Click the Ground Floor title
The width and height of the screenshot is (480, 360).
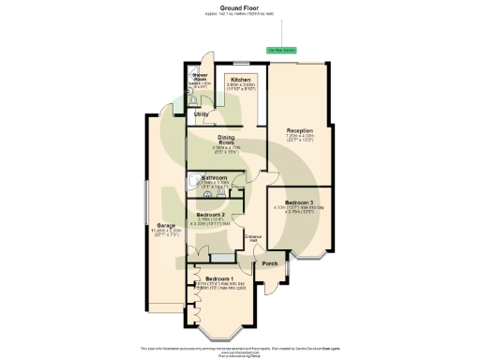point(241,7)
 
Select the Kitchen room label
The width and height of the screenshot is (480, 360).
point(240,81)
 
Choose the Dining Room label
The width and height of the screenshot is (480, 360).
point(226,140)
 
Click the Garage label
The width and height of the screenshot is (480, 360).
point(166,225)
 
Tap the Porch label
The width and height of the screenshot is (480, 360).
point(270,264)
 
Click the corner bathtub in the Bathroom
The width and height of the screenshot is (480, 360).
point(193,182)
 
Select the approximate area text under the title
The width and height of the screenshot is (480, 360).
point(241,14)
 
